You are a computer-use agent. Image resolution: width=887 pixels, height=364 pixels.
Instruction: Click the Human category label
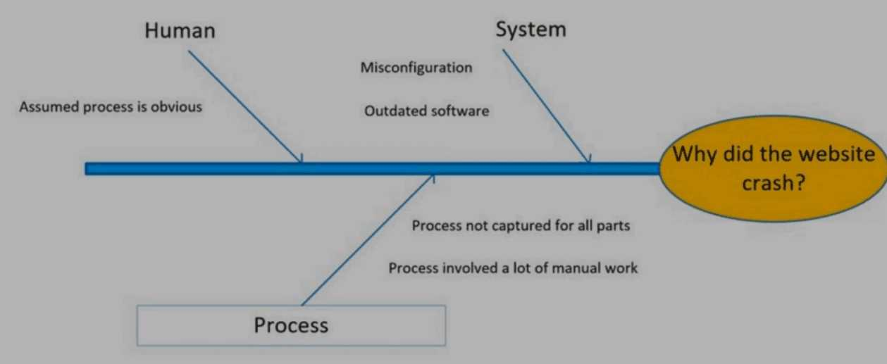pyautogui.click(x=180, y=31)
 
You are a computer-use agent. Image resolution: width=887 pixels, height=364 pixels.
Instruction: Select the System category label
pyautogui.click(x=531, y=30)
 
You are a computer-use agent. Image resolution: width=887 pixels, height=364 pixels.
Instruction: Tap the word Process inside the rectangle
pyautogui.click(x=291, y=325)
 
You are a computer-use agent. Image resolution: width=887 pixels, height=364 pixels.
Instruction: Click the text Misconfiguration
pyautogui.click(x=416, y=68)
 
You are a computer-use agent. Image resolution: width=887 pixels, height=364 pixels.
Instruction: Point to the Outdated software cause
pyautogui.click(x=426, y=111)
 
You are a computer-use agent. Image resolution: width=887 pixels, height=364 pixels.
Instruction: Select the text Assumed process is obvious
pyautogui.click(x=111, y=107)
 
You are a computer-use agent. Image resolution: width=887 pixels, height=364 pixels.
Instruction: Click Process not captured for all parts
pyautogui.click(x=521, y=226)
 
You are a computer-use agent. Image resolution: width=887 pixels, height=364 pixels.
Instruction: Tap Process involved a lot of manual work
pyautogui.click(x=513, y=268)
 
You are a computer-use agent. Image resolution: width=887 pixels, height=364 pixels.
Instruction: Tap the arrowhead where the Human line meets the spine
pyautogui.click(x=301, y=160)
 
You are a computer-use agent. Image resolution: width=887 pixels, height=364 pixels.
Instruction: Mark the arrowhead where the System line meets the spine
pyautogui.click(x=588, y=159)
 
